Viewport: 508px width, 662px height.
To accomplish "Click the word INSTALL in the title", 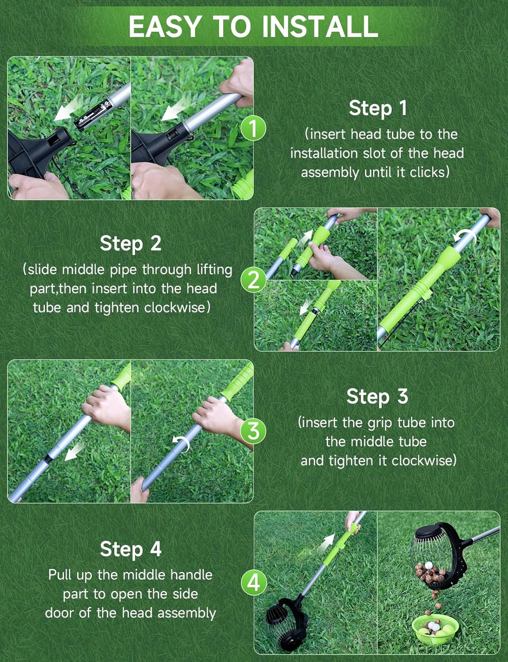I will pos(320,26).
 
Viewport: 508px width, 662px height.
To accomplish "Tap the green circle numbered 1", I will pos(253,128).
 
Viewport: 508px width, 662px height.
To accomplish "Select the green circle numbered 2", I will pos(253,280).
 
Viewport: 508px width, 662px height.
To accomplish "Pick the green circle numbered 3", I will pos(253,431).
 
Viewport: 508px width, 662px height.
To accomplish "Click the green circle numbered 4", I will pos(253,583).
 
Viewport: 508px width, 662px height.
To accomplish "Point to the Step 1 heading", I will pos(377,108).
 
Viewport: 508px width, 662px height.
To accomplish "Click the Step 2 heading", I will pos(130,244).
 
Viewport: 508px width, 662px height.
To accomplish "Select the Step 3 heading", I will pos(377,396).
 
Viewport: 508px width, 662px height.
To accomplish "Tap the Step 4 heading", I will pos(130,549).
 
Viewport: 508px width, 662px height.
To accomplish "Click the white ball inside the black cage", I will pos(427,566).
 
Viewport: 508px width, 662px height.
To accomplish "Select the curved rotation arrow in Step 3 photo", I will pos(181,443).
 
